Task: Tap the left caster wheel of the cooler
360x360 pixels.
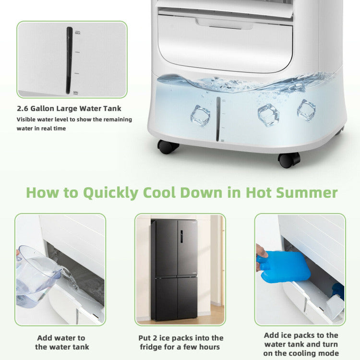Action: pos(168,146)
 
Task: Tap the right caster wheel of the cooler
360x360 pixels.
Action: pos(289,159)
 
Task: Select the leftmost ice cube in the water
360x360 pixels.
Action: pos(200,115)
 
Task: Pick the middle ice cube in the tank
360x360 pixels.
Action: pos(268,114)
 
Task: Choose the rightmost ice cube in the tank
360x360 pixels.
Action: pos(306,109)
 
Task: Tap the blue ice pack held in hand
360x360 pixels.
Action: pos(284,266)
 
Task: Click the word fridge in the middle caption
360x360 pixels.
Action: pos(152,347)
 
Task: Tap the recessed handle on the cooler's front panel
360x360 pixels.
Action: pos(225,23)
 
